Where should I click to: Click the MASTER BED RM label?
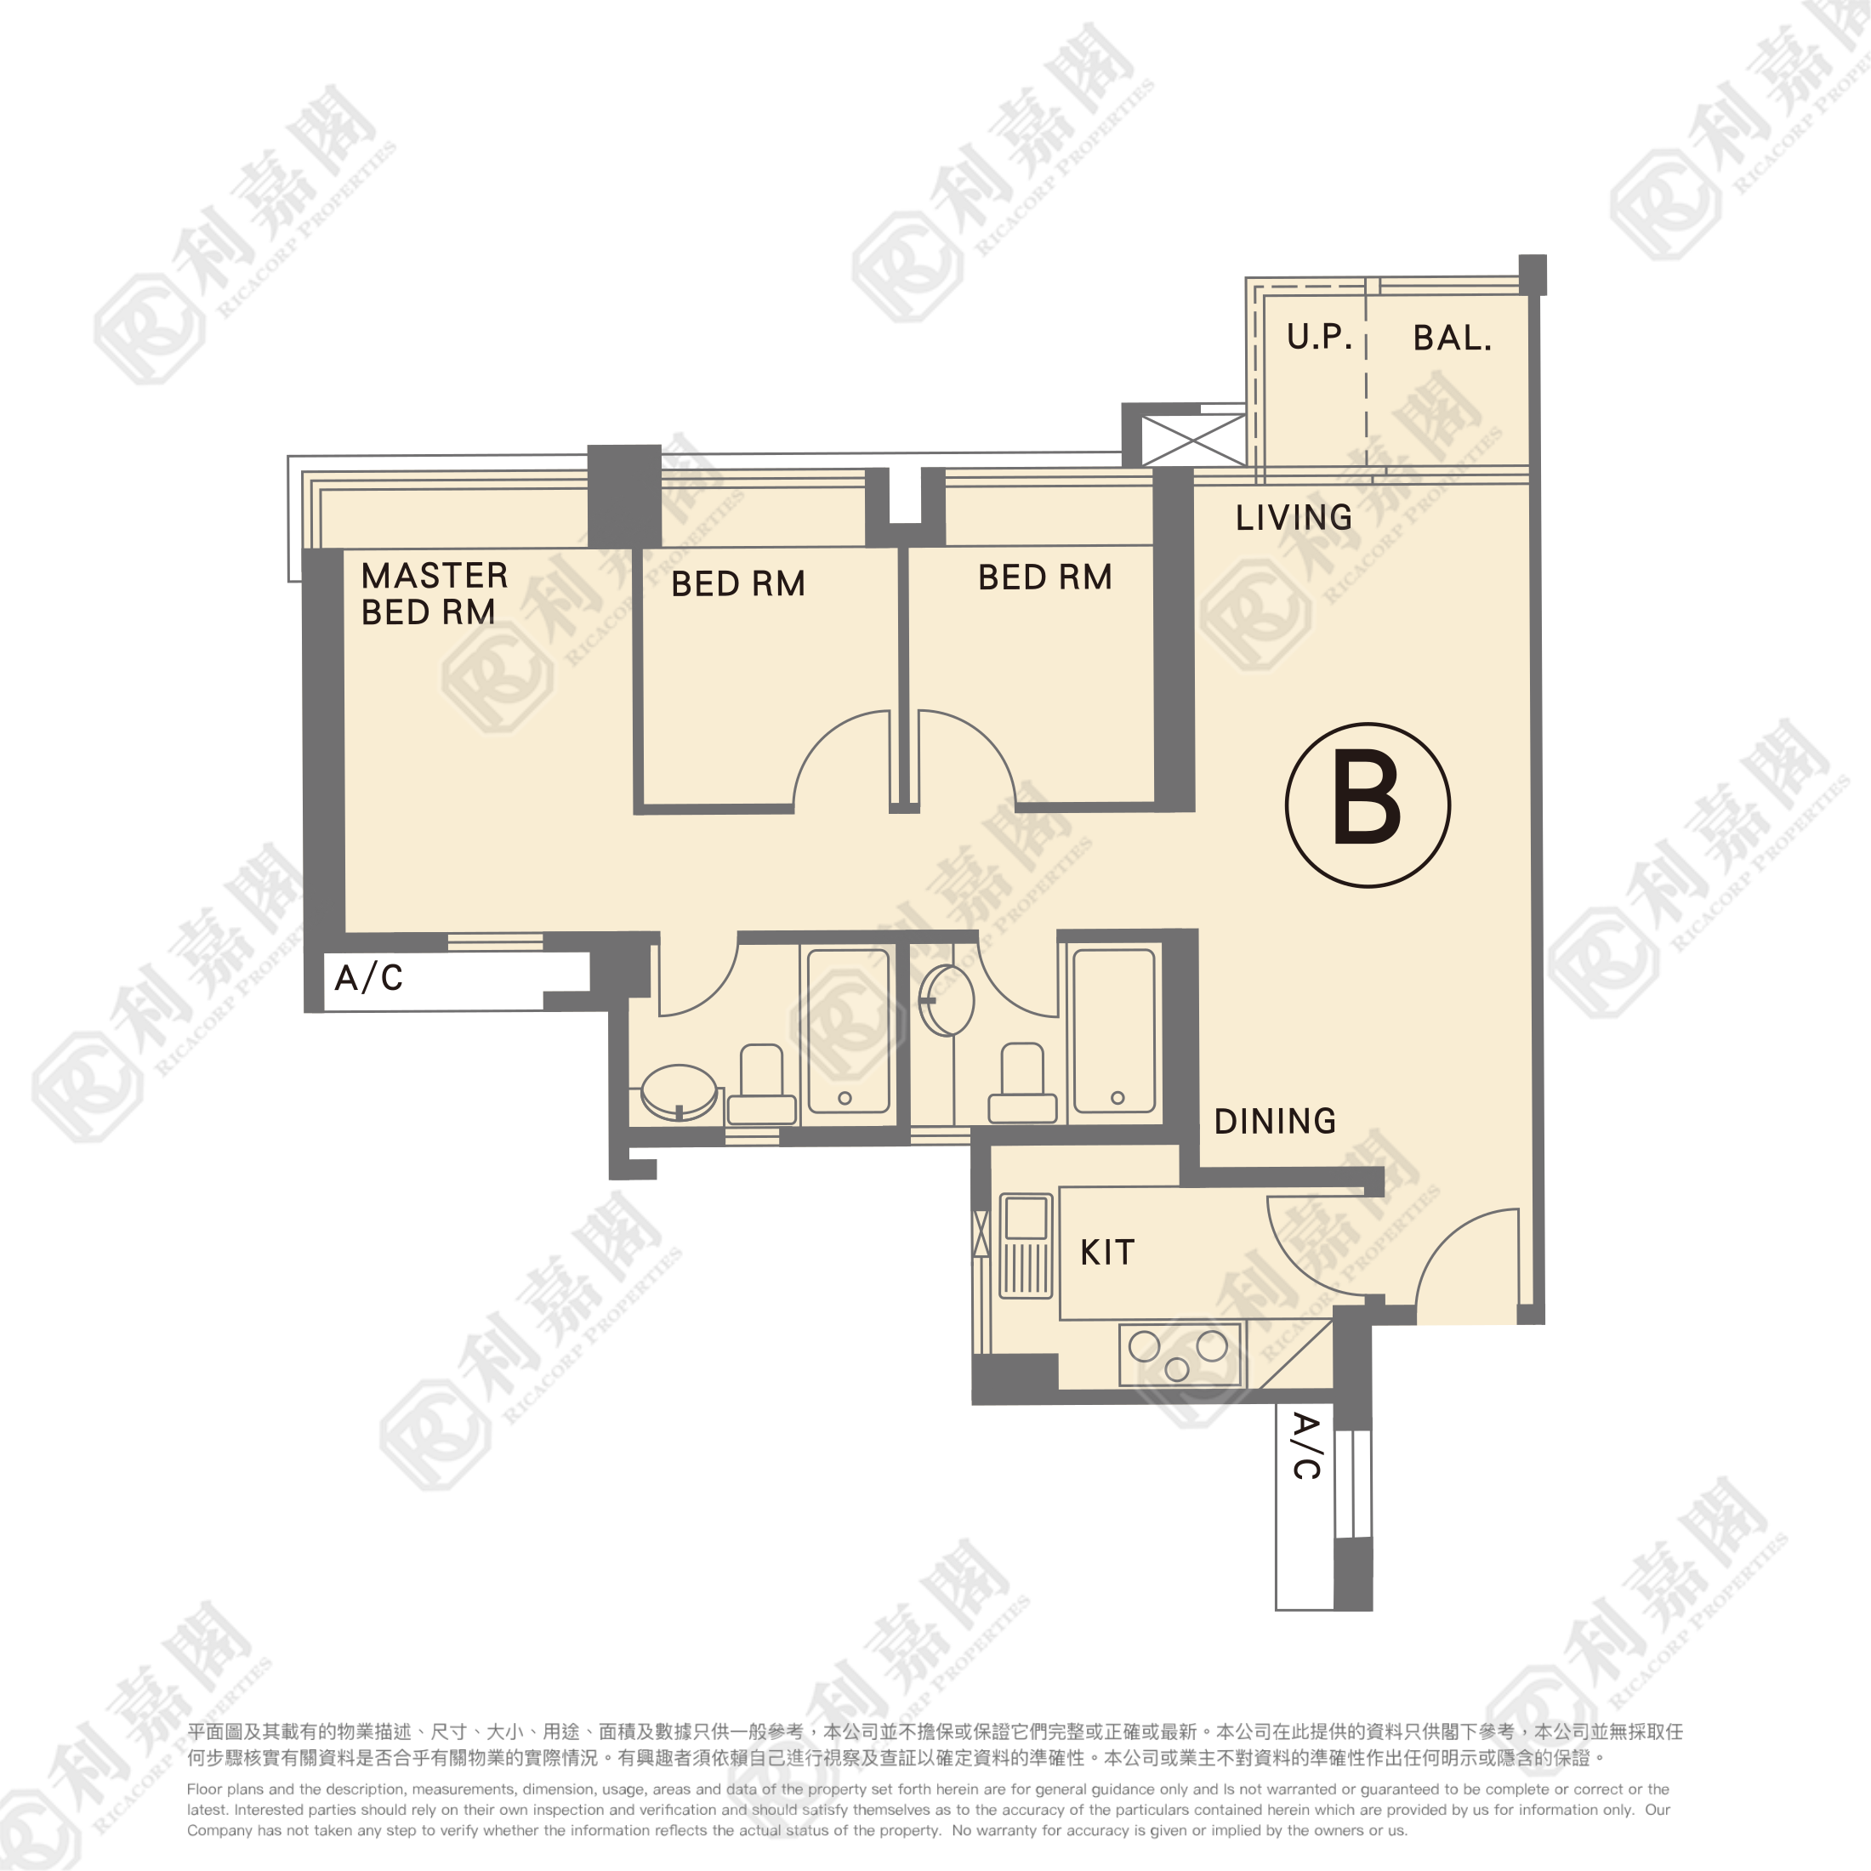coord(435,594)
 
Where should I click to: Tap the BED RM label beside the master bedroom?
coord(738,584)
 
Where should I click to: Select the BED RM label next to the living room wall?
coord(1045,577)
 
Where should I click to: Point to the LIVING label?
coord(1294,517)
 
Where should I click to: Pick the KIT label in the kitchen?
coord(1107,1252)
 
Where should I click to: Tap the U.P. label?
coord(1319,336)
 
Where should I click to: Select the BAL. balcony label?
coord(1452,337)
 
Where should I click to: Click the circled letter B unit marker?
coord(1368,805)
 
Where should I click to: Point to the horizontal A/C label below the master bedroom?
coord(368,977)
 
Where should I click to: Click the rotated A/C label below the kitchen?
coord(1306,1446)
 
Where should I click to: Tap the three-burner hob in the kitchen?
coord(1180,1354)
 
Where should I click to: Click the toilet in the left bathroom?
coord(761,1083)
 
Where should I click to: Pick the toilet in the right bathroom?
coord(1021,1083)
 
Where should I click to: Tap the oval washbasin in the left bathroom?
coord(679,1092)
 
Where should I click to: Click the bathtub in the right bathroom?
coord(1114,1031)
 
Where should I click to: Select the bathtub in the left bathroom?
coord(849,1031)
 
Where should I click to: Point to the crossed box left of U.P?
coord(1194,440)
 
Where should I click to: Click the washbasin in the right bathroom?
coord(947,999)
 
